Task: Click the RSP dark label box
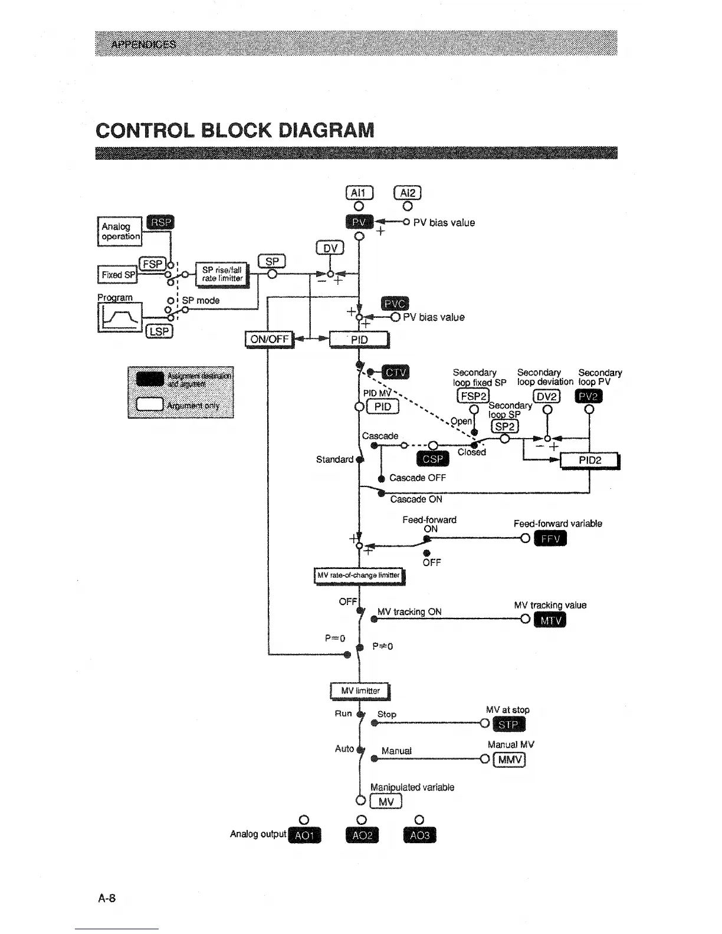tap(160, 222)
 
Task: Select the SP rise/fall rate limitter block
tap(222, 275)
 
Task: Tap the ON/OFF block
tap(270, 340)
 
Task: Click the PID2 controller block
tap(590, 460)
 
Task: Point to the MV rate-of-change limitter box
tap(359, 575)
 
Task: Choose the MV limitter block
tap(359, 690)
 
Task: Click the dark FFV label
tap(550, 539)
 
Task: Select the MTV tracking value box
tap(549, 621)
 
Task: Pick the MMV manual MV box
tap(510, 759)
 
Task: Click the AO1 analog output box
tap(304, 836)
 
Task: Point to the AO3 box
tap(419, 836)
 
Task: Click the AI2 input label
tap(408, 193)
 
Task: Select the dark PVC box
tap(395, 304)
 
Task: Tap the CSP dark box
tap(433, 459)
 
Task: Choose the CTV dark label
tap(396, 373)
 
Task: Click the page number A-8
tap(107, 899)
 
